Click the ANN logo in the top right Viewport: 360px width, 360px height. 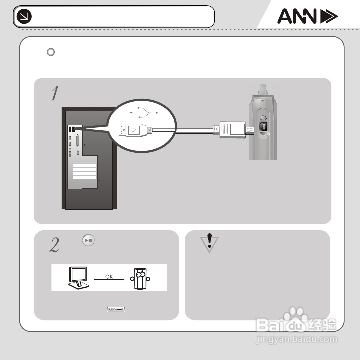click(307, 17)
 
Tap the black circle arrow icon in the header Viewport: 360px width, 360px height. click(24, 17)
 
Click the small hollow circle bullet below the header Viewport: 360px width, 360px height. click(50, 52)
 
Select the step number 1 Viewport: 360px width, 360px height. click(55, 93)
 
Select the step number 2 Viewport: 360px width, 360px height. click(55, 244)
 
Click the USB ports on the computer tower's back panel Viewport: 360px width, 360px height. click(72, 129)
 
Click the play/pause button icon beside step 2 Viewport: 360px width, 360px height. click(89, 240)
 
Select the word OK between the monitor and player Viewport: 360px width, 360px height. click(109, 276)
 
